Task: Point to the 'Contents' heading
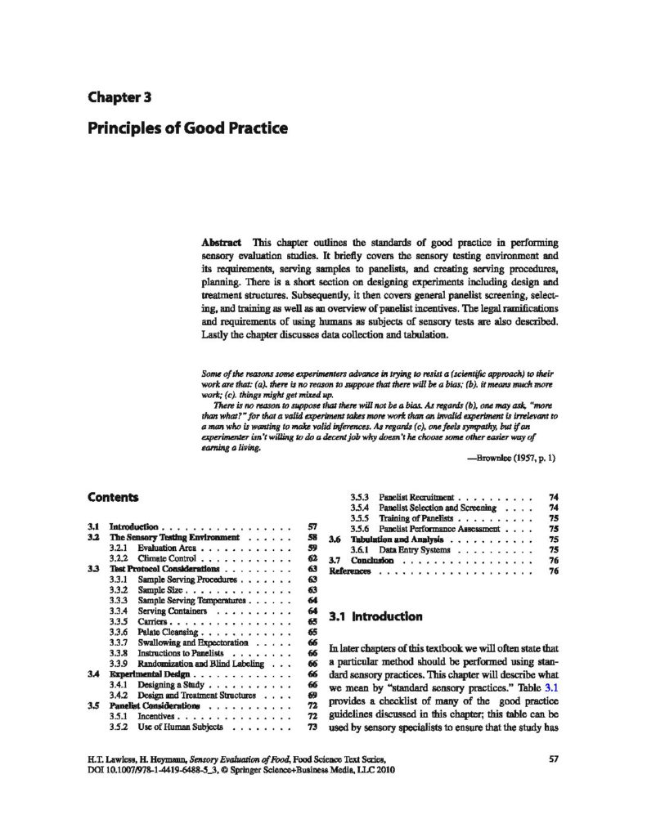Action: point(113,497)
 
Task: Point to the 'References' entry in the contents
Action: point(350,571)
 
